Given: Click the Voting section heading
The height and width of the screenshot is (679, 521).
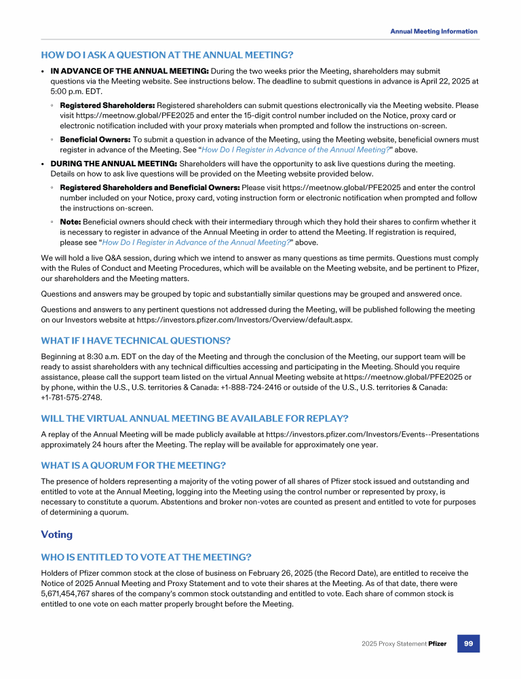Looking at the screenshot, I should click(x=56, y=534).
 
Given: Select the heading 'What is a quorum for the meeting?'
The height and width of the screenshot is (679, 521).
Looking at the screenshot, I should click(x=133, y=465).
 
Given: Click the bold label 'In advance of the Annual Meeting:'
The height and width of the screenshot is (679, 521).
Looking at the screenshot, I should click(x=130, y=71).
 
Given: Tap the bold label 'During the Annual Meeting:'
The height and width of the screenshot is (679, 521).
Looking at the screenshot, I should click(x=114, y=164).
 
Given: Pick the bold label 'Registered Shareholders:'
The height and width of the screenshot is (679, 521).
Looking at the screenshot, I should click(x=107, y=105).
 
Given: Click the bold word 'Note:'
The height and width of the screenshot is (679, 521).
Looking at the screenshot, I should click(x=71, y=222).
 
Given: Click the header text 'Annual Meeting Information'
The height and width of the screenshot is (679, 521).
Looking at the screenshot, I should click(x=433, y=31).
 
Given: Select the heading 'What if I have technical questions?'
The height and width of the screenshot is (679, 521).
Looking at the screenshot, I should click(x=136, y=339).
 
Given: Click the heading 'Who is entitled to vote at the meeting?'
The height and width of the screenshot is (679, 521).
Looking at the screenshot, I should click(x=146, y=557).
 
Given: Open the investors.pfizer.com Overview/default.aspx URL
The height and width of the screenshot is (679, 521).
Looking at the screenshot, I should click(x=267, y=319).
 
